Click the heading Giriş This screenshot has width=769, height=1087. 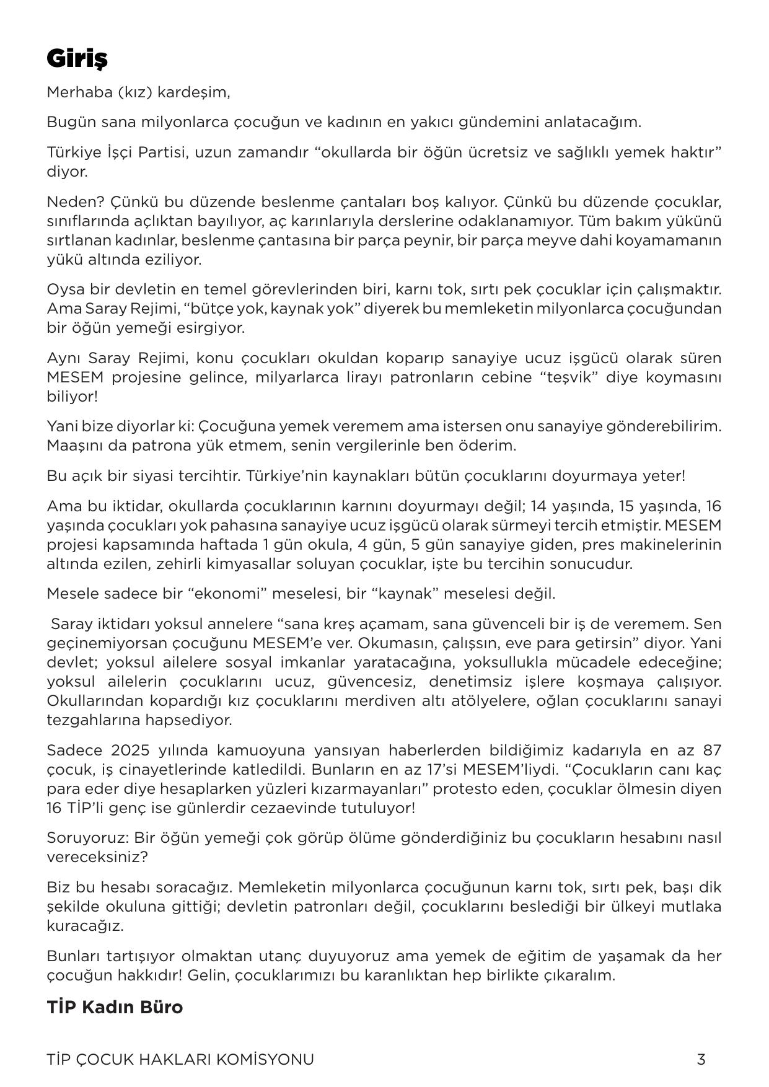coord(77,59)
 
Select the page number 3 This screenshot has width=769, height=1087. coord(701,1059)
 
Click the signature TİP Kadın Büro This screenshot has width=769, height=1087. coord(115,1007)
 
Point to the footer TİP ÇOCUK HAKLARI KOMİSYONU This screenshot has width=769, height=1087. coord(180,1059)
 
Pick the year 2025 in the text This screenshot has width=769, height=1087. coord(130,750)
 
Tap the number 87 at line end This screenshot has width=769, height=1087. coord(712,750)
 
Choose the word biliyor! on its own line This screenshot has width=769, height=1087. coord(72,397)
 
